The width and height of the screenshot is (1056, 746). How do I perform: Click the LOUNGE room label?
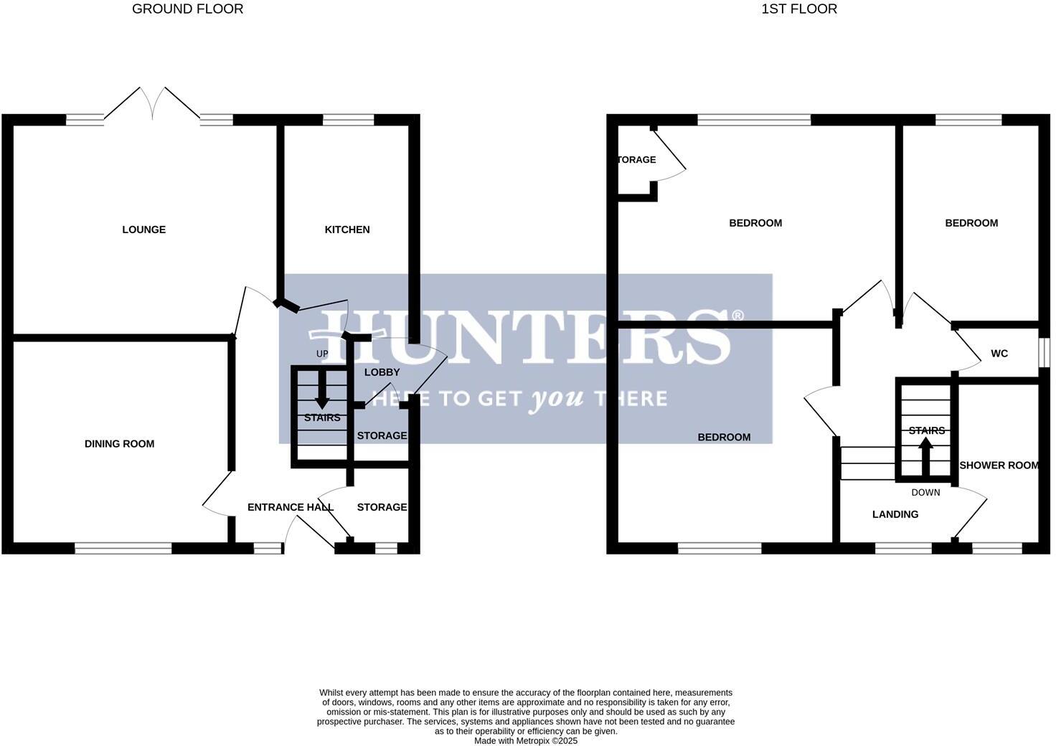click(143, 230)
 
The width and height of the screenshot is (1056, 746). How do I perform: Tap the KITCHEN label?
click(347, 230)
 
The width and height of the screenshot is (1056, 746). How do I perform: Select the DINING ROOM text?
click(119, 444)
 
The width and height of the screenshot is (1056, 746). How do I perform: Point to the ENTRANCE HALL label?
click(290, 507)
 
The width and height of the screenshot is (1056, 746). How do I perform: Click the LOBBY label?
click(382, 372)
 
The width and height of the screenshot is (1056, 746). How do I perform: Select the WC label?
click(999, 354)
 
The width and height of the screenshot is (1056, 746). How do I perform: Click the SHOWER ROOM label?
click(999, 466)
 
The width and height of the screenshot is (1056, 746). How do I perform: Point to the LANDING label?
click(895, 514)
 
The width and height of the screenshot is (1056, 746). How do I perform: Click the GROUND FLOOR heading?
click(187, 9)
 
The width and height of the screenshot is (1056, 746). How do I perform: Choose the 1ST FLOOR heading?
click(799, 9)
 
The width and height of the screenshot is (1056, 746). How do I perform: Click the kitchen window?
click(348, 120)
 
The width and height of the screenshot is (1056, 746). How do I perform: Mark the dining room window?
click(123, 548)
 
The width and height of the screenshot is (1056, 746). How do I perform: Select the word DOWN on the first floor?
click(925, 493)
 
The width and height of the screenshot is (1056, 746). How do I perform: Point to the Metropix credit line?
click(525, 741)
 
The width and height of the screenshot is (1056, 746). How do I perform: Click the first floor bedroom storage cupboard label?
click(636, 160)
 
